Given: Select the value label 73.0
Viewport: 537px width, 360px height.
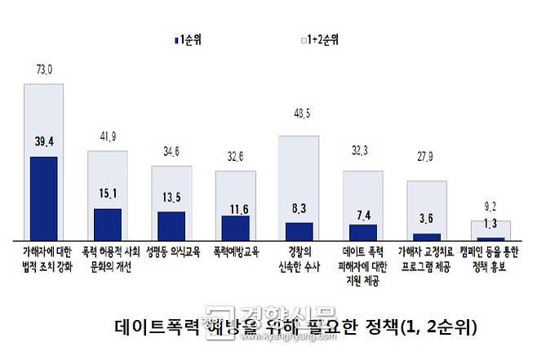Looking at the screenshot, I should pos(44,71).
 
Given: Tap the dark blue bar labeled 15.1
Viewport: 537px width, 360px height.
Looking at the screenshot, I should pos(107,223).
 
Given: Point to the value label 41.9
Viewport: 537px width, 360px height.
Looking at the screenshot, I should pos(108,136).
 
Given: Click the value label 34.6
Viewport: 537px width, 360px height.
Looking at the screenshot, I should pos(171,152).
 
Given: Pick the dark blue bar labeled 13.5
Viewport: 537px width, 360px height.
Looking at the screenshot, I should pos(171,224).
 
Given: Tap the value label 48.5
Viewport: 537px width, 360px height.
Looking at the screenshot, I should pos(299,122).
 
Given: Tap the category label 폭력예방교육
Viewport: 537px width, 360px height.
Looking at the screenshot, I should pos(235,252).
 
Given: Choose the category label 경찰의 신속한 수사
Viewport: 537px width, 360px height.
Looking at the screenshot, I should pos(299,258).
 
